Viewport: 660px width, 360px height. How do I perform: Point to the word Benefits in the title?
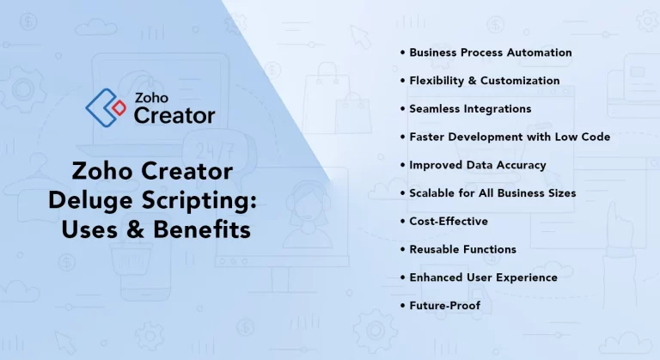pos(211,230)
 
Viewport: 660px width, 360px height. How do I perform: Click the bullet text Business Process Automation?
pos(490,52)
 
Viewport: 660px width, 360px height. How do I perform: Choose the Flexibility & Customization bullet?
pos(484,81)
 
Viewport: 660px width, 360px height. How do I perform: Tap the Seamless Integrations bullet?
pos(470,109)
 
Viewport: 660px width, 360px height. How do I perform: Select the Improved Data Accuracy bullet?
pos(477,165)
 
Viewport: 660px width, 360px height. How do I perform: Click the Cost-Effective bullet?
pos(449,222)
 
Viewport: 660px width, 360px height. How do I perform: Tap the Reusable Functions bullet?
pos(462,249)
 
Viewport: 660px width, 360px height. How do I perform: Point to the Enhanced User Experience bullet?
pos(483,278)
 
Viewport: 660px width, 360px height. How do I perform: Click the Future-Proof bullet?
pos(444,306)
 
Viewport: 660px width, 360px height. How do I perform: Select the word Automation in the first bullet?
pos(539,52)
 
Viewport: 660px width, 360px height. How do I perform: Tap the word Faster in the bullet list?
pos(427,137)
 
